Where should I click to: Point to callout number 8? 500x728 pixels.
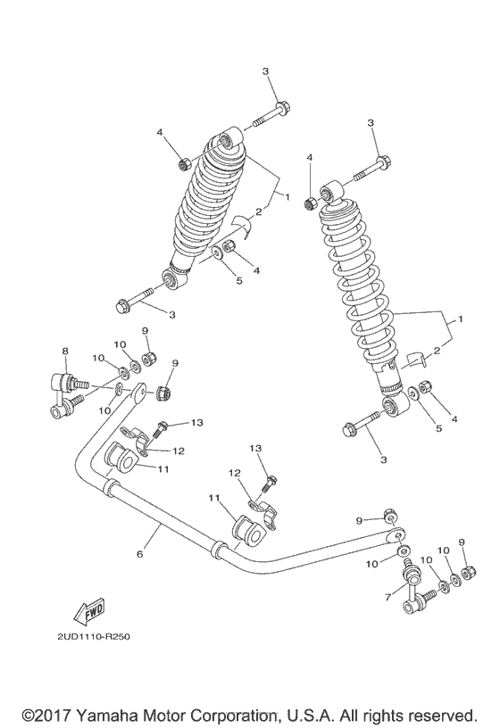65,352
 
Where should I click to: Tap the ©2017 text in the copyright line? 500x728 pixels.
46,716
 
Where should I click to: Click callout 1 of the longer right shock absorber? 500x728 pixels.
462,318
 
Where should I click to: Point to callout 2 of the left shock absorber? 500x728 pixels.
259,211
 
